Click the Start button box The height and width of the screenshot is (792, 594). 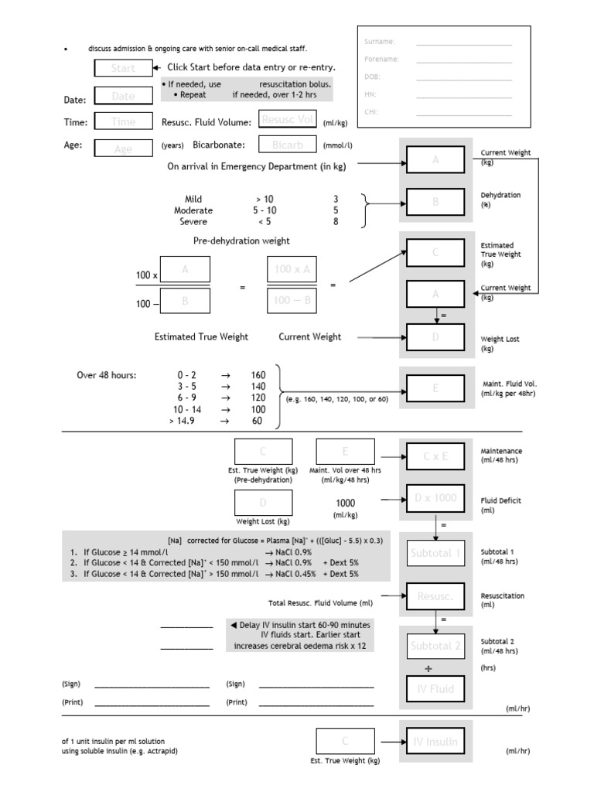123,68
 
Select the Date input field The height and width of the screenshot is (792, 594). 123,96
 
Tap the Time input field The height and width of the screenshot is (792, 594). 123,121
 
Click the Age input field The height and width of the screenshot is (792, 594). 123,148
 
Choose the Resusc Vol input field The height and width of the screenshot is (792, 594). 288,120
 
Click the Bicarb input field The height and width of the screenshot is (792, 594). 288,145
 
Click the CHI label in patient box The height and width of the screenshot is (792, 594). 370,111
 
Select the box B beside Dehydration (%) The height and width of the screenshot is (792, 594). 435,203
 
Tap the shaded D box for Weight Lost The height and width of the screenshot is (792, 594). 435,337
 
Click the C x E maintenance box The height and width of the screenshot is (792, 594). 435,457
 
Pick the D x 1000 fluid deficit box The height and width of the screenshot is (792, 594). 435,497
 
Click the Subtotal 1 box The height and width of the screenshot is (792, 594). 435,553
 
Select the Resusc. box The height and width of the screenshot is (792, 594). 435,597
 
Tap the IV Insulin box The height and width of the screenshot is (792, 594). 435,742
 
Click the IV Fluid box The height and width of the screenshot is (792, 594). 435,689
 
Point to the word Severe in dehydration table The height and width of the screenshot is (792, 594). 193,221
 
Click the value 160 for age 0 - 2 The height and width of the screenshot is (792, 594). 258,375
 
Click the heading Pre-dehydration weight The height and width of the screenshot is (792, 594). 241,241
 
